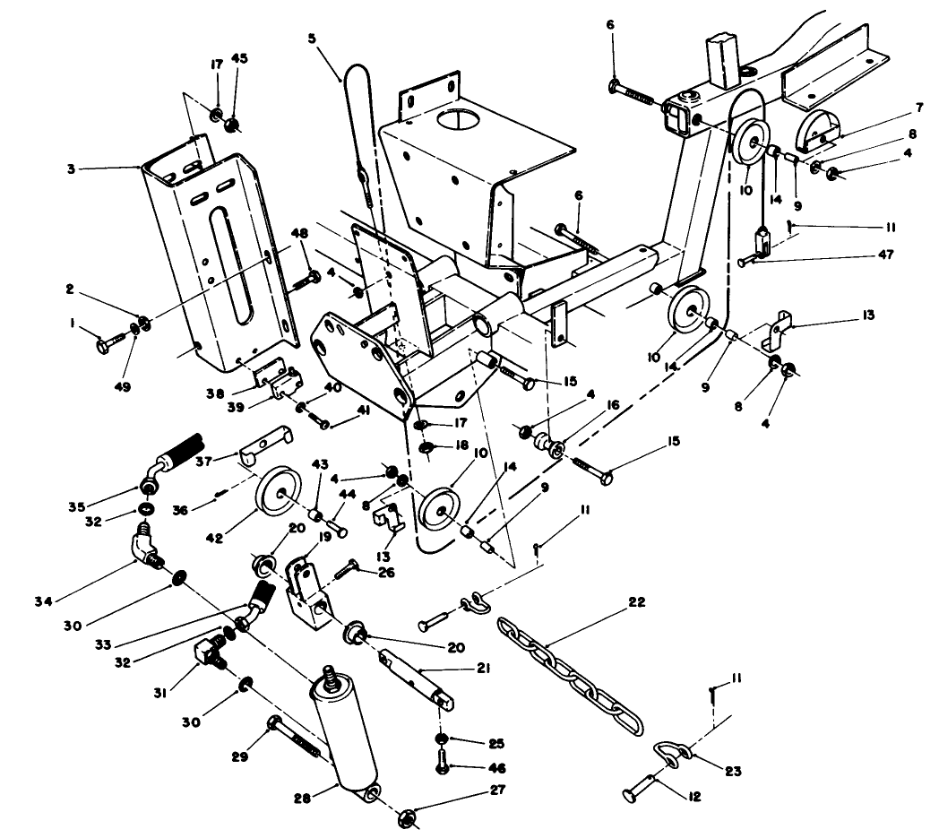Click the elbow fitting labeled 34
(x=147, y=548)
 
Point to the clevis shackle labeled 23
(x=673, y=751)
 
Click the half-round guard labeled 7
(x=818, y=128)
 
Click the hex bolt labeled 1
(x=115, y=340)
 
